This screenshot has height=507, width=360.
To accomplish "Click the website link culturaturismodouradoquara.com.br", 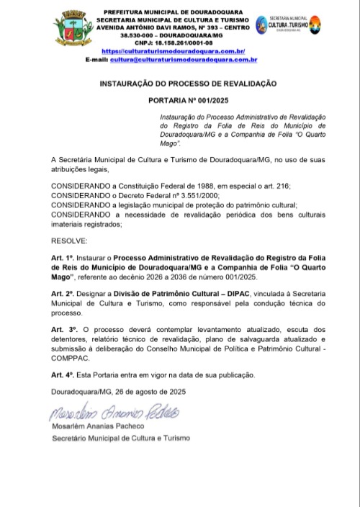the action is (x=174, y=51).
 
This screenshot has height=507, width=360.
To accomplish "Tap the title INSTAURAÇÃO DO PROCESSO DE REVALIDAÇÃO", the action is (x=188, y=84).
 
